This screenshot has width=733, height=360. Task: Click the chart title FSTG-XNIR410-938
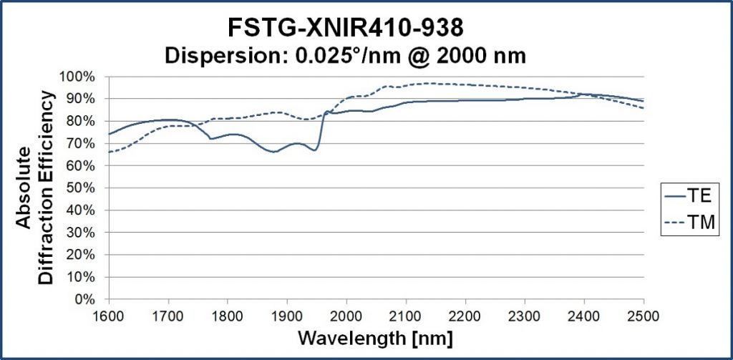click(x=346, y=28)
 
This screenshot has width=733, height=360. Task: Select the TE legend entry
click(x=689, y=196)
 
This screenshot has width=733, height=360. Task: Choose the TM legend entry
click(x=689, y=223)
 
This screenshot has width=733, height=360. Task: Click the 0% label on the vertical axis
click(x=92, y=298)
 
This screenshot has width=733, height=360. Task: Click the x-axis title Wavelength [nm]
click(x=376, y=338)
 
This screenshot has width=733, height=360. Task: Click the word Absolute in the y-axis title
click(x=24, y=188)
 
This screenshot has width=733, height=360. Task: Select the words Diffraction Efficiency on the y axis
click(x=47, y=188)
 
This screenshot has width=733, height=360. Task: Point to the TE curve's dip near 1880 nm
click(x=274, y=152)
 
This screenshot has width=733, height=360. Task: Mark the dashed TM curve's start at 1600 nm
click(x=110, y=152)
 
